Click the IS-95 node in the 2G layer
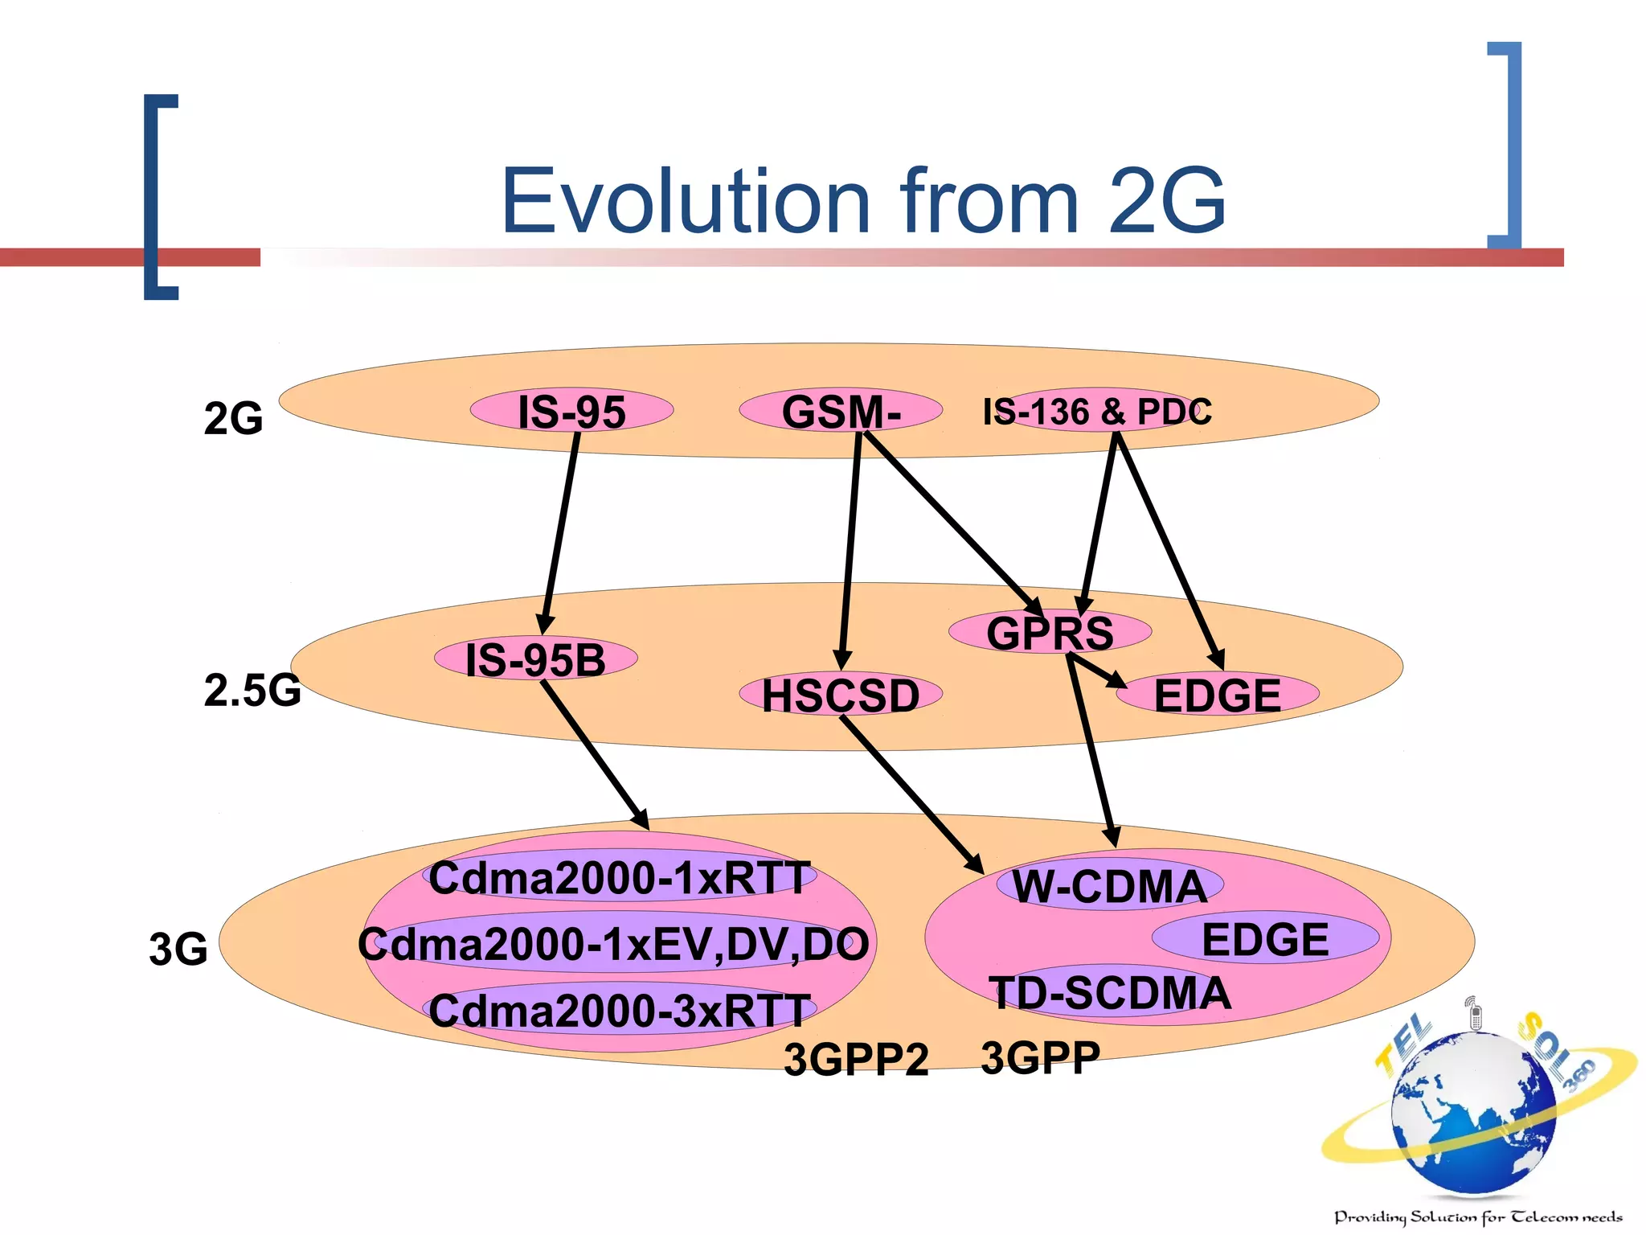coord(571,411)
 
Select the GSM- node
coord(841,411)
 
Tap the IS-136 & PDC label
coord(1097,411)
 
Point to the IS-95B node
coord(535,659)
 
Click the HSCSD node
coord(841,695)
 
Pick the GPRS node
coord(1050,632)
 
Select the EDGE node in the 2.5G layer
coord(1217,695)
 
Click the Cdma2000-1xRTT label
coord(620,877)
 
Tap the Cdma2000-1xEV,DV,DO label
coord(614,944)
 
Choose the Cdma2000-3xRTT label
coord(620,1011)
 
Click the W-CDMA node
coord(1109,886)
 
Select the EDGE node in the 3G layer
coord(1265,938)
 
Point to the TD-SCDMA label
coord(1110,992)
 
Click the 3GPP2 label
coord(856,1059)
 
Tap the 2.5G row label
coord(252,690)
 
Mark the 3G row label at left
coord(178,949)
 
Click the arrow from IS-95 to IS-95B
coord(561,531)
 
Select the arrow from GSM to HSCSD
coord(850,547)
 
